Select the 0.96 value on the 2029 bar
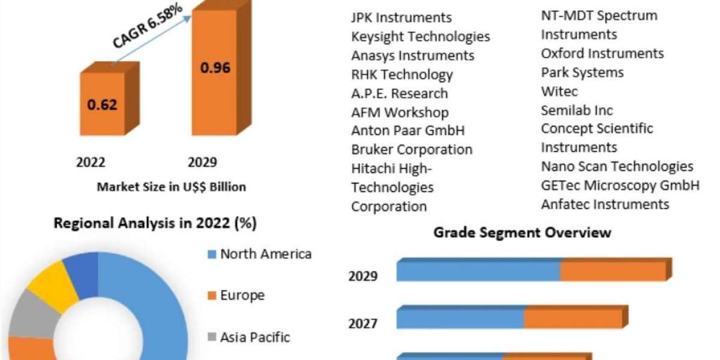pyautogui.click(x=215, y=67)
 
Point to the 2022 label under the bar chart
pyautogui.click(x=91, y=162)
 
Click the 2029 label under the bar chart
pyautogui.click(x=202, y=162)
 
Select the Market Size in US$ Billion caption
pyautogui.click(x=171, y=187)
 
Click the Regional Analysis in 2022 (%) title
pyautogui.click(x=155, y=224)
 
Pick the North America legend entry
pyautogui.click(x=266, y=254)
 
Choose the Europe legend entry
pyautogui.click(x=242, y=295)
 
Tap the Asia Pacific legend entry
pyautogui.click(x=255, y=337)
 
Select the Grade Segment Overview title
pyautogui.click(x=522, y=232)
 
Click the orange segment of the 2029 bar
pyautogui.click(x=613, y=272)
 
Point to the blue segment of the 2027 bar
pyautogui.click(x=460, y=319)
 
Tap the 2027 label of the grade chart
pyautogui.click(x=363, y=324)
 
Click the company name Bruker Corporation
pyautogui.click(x=412, y=149)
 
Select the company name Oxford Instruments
pyautogui.click(x=602, y=53)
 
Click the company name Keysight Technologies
pyautogui.click(x=421, y=37)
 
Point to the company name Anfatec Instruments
pyautogui.click(x=605, y=204)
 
